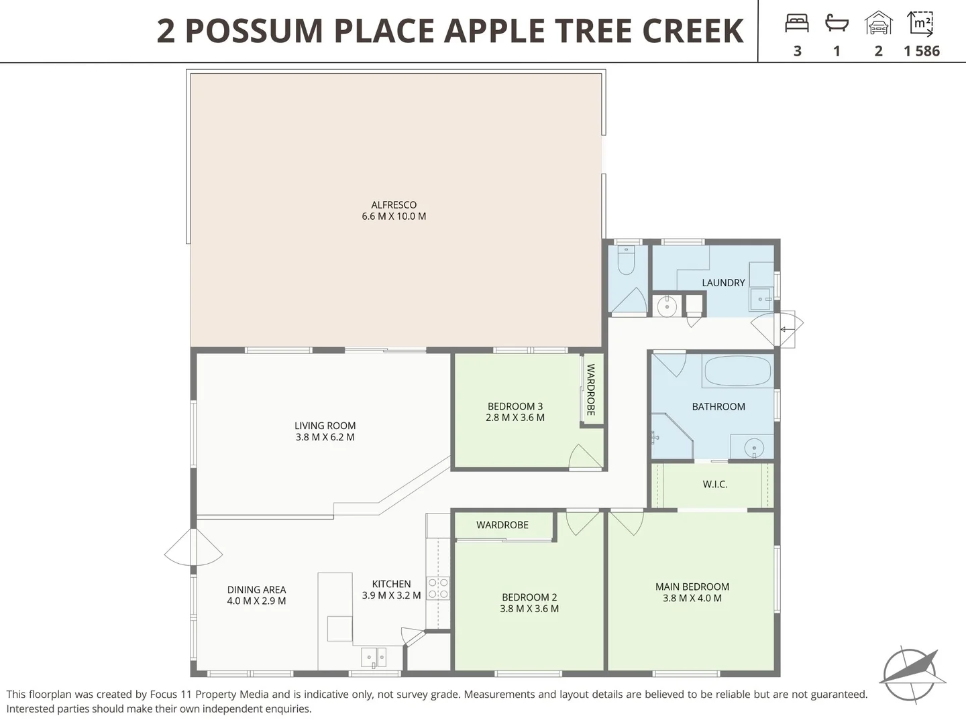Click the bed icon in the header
797,23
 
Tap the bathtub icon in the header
837,23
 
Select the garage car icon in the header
878,23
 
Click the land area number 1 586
922,51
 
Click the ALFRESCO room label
394,204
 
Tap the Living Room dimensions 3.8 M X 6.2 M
325,437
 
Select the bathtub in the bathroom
737,371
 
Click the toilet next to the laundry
626,261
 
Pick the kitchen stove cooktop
438,589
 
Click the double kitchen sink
374,657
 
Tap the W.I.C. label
715,484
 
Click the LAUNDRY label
723,283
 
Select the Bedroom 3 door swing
584,458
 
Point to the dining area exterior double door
193,547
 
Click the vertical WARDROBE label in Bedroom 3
591,389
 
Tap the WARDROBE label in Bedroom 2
502,525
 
